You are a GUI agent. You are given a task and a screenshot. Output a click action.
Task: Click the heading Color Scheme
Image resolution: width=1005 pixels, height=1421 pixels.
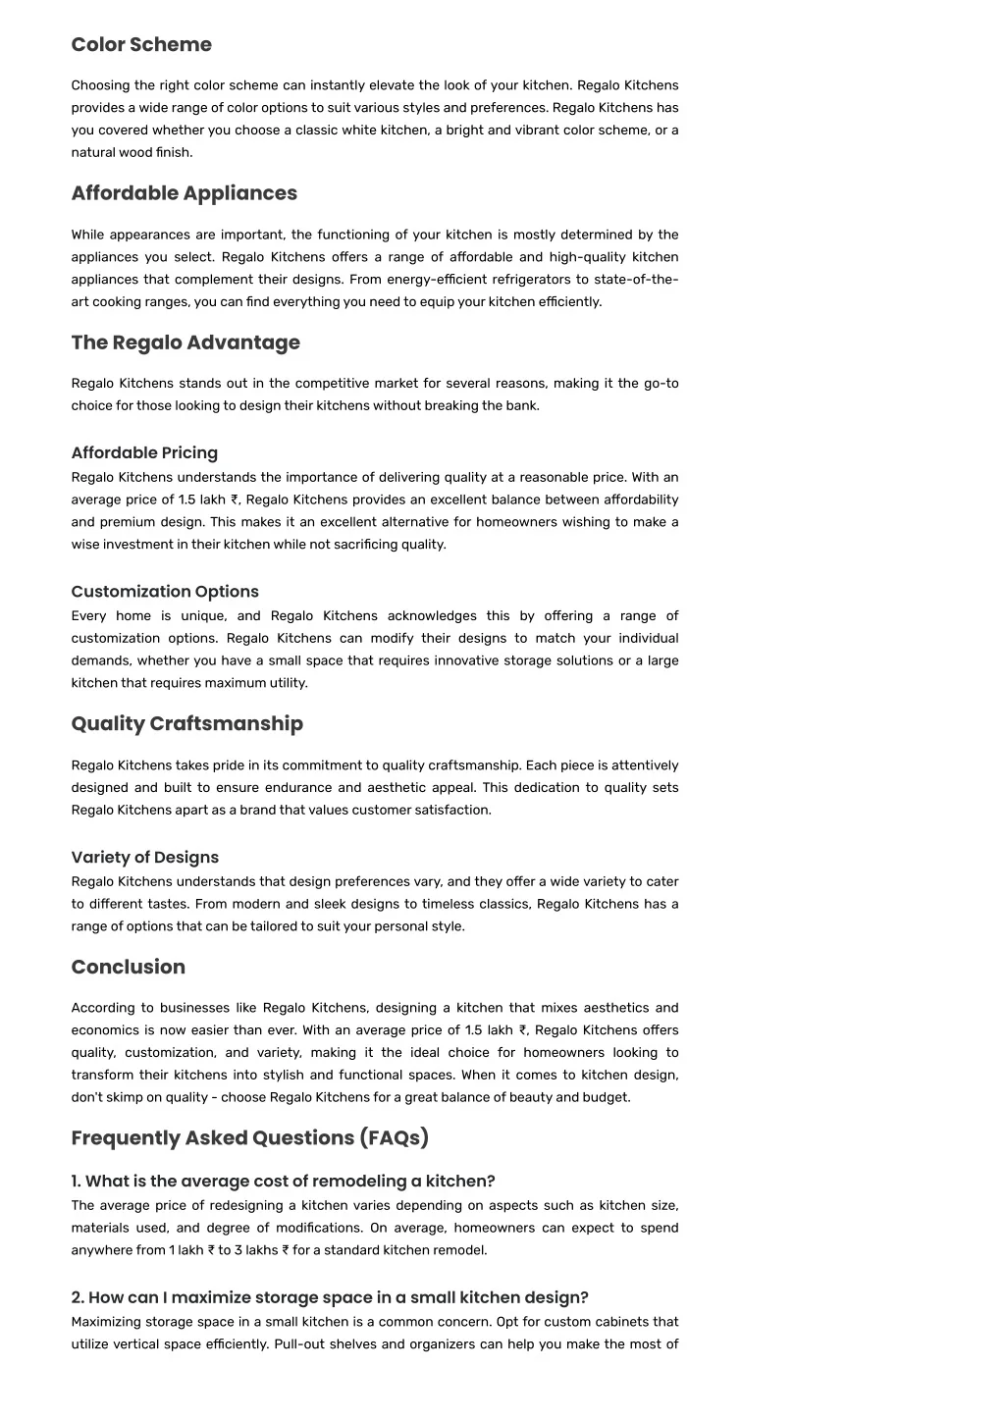(141, 44)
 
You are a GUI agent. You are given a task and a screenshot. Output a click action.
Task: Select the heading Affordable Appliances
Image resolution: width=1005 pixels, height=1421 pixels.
(184, 193)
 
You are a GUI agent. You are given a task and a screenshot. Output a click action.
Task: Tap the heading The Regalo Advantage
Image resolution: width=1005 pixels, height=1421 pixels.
(185, 342)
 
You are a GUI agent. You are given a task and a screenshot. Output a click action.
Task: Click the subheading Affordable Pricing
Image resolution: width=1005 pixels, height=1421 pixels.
(144, 452)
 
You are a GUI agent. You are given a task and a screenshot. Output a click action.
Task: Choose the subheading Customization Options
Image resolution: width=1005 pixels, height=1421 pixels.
(165, 592)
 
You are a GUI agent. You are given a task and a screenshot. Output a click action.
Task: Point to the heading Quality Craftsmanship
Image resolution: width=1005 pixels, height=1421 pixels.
(186, 723)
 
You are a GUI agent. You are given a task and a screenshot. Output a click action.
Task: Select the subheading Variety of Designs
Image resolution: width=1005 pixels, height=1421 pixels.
(144, 858)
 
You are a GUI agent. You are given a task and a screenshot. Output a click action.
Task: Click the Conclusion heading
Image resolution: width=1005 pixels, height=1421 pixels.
(128, 967)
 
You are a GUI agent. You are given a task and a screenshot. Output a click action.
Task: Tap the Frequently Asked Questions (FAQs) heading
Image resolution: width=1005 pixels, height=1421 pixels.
(249, 1137)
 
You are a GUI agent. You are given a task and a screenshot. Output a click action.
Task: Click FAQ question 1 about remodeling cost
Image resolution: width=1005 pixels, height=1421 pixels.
(283, 1181)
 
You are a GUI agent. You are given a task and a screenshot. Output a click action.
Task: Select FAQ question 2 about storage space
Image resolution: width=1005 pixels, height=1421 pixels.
(330, 1297)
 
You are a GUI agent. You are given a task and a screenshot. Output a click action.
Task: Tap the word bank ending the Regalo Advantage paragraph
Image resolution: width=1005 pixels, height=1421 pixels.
(522, 405)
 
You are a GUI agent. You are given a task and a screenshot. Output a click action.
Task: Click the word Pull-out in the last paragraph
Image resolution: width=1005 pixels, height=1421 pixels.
(299, 1344)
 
